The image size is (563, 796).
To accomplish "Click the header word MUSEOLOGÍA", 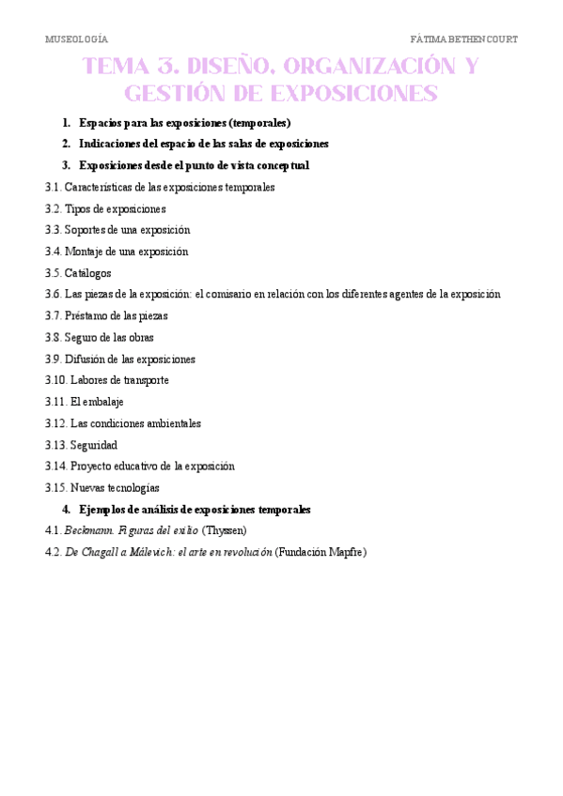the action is coord(76,39).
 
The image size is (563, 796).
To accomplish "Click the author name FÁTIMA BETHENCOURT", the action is coord(464,39).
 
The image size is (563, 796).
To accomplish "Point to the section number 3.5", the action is coord(53,273).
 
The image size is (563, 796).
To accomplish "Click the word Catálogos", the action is coord(87,273).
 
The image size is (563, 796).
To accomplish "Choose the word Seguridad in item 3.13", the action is coord(94,445).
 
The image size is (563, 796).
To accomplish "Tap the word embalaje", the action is coord(103,402).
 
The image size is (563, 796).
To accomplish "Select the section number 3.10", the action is coord(55,380).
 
